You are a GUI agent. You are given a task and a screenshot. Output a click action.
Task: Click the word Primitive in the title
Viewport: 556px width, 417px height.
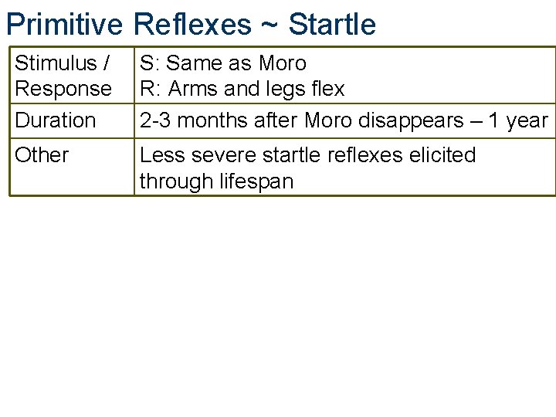coord(64,24)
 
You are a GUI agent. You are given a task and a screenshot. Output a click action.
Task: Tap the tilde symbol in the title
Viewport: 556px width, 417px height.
coord(270,24)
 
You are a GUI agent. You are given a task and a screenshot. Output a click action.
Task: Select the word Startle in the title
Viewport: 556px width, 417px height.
coord(332,24)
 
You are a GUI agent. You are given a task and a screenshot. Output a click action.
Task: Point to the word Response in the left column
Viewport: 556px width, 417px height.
coord(63,89)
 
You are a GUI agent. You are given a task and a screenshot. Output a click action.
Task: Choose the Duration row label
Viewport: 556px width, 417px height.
coord(56,120)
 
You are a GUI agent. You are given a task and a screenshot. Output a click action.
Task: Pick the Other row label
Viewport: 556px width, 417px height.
coord(42,155)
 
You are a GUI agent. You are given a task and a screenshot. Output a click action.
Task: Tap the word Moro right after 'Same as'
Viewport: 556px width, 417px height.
coord(283,63)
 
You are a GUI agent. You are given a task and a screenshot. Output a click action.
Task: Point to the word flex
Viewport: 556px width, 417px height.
coord(327,89)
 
